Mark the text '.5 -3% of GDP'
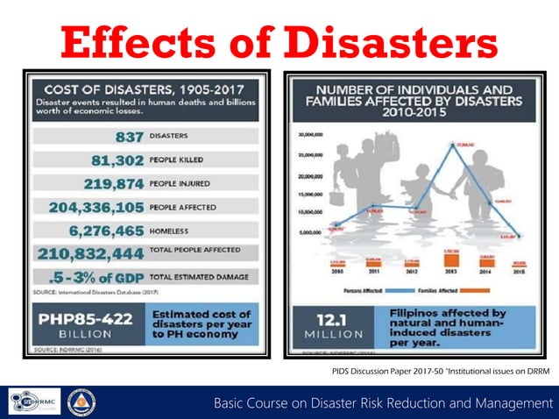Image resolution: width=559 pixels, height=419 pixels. click(91, 277)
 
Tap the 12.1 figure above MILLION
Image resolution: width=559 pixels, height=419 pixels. click(329, 318)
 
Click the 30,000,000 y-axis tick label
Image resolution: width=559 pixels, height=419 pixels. click(313, 136)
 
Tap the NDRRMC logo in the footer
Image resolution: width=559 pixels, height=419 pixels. click(34, 402)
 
